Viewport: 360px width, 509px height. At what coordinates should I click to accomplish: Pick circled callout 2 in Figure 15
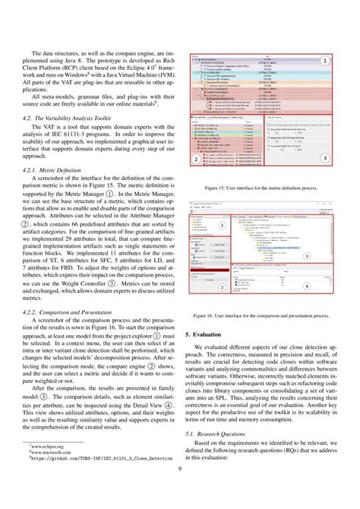pos(196,160)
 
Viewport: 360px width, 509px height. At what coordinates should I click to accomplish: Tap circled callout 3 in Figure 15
pos(324,158)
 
